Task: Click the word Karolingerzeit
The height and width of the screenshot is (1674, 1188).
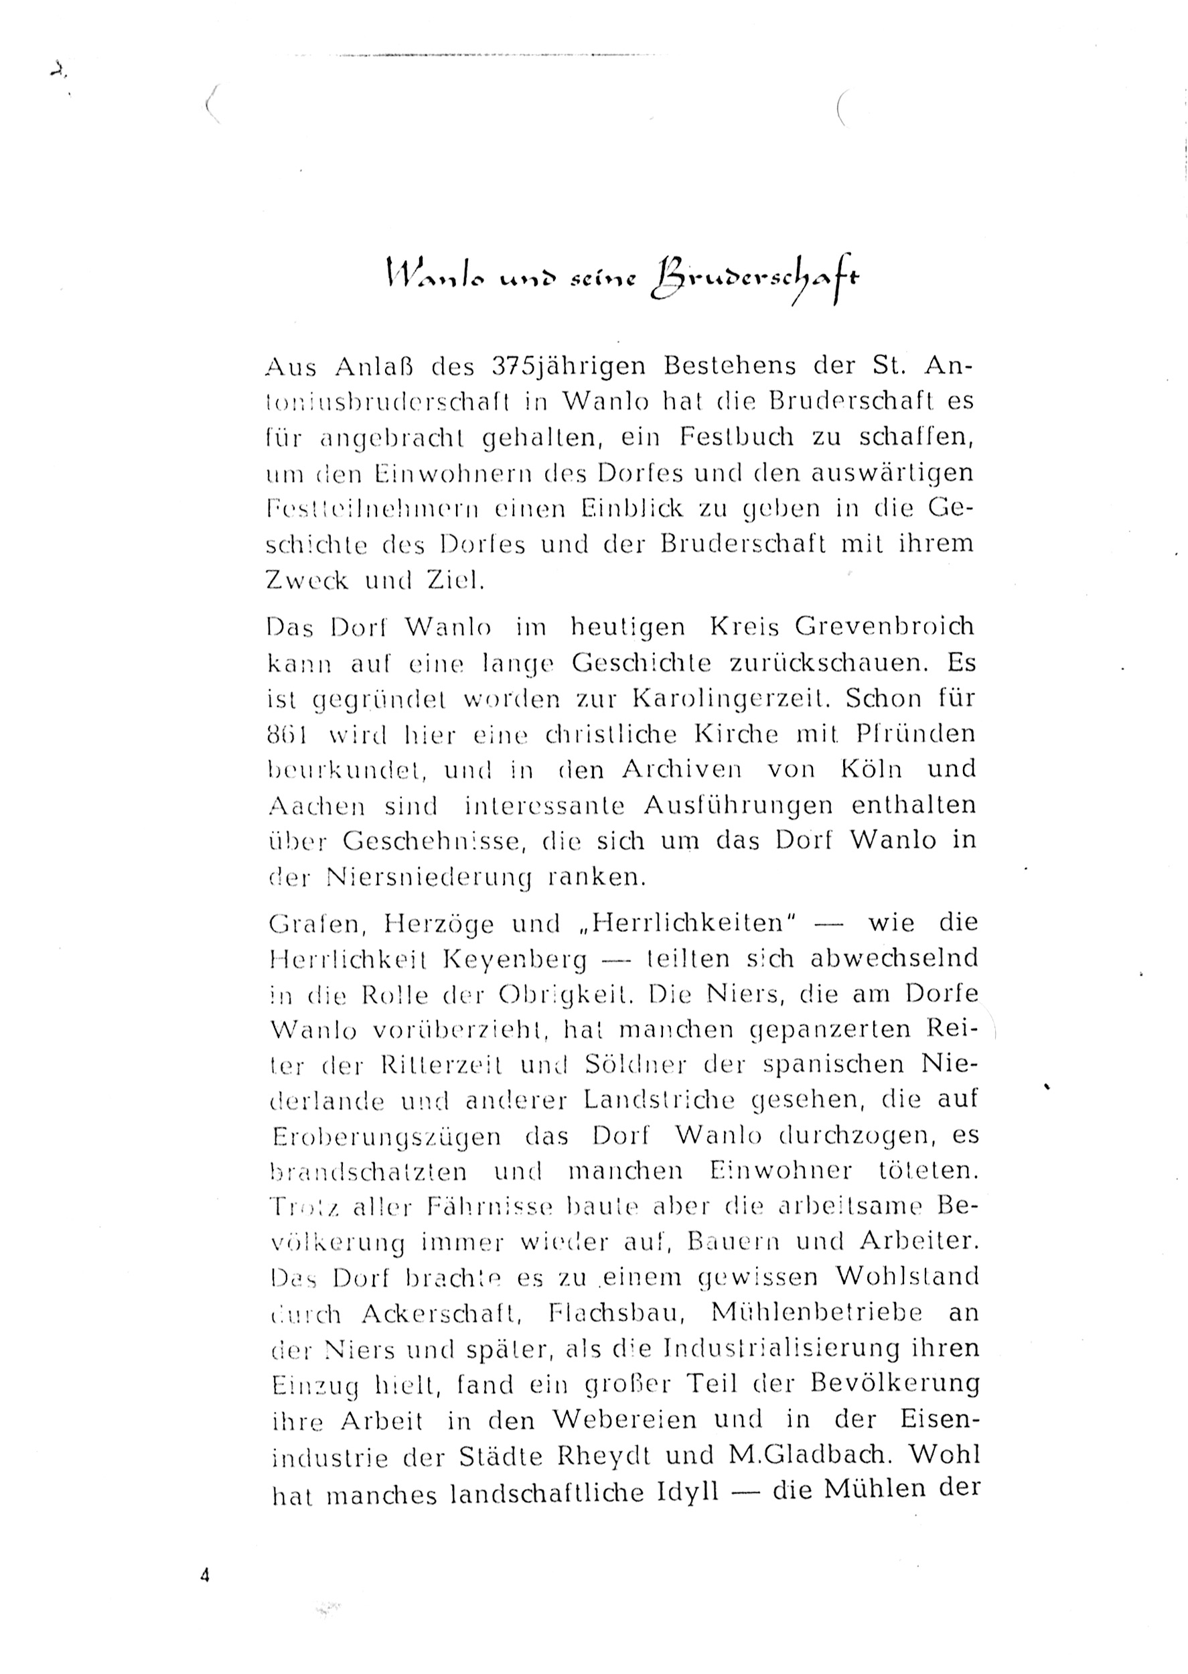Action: point(735,698)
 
